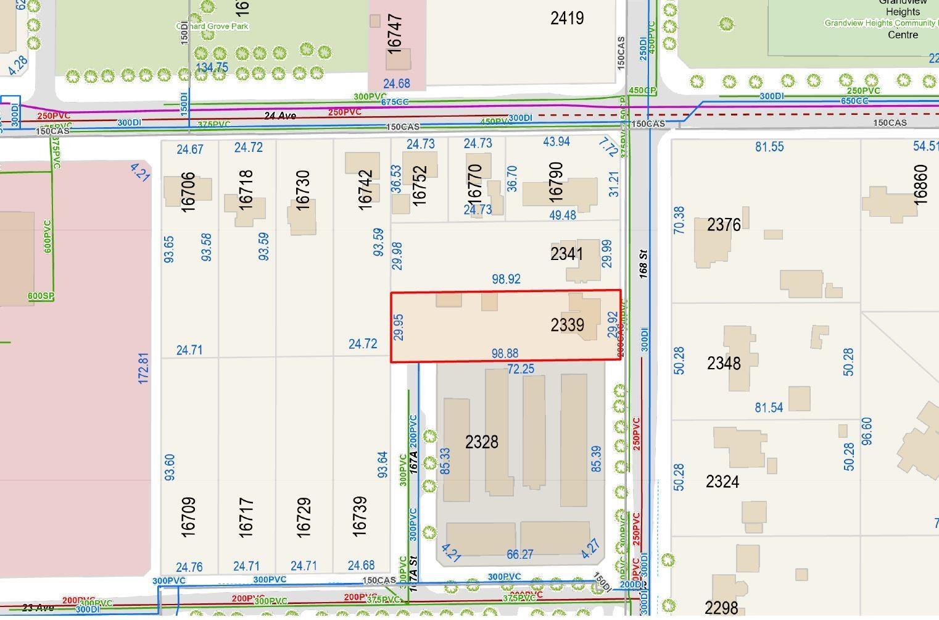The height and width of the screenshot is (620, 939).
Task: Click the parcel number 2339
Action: click(567, 325)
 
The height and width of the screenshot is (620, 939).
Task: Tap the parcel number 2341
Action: click(566, 254)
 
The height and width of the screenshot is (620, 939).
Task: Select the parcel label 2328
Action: click(481, 442)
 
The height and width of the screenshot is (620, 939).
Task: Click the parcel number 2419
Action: click(566, 18)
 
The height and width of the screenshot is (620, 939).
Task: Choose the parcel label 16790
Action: click(555, 182)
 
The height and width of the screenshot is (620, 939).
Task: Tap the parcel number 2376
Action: click(723, 225)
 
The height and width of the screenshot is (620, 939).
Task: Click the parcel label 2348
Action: click(723, 363)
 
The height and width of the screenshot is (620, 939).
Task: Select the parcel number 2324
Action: click(722, 482)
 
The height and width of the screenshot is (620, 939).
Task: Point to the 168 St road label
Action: click(643, 262)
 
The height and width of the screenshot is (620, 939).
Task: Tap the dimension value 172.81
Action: click(144, 368)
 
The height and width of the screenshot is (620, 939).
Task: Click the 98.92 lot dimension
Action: click(505, 279)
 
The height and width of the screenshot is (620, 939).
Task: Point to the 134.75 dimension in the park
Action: click(212, 67)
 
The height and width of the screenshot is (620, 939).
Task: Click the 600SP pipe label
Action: click(41, 296)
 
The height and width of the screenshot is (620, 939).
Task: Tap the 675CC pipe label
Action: click(394, 102)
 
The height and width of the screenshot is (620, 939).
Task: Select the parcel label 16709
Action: click(188, 516)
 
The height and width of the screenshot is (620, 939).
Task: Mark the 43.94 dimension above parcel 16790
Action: click(556, 142)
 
